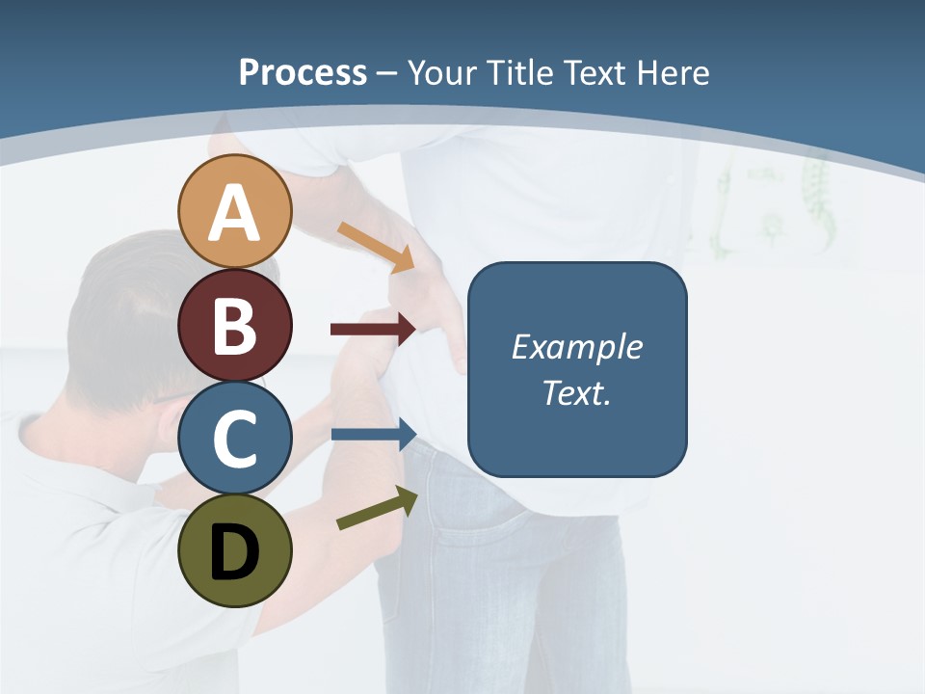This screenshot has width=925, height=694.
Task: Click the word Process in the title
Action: coord(303,72)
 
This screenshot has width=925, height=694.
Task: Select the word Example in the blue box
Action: coord(576,347)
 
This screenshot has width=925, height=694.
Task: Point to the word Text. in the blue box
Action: coord(576,393)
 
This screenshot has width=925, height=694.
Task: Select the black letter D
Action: coord(234,554)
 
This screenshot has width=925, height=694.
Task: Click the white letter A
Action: coord(234,214)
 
